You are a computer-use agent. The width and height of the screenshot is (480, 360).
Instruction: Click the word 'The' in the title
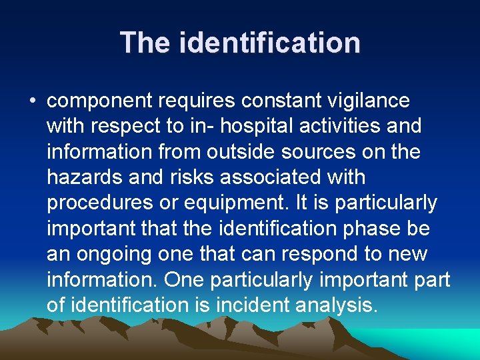coord(146,43)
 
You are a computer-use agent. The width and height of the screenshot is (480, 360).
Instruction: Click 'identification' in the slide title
coord(270,43)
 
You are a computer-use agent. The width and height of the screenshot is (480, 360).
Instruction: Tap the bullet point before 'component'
coord(32,101)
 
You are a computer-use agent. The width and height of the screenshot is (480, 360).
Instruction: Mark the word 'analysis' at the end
coord(339,305)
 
